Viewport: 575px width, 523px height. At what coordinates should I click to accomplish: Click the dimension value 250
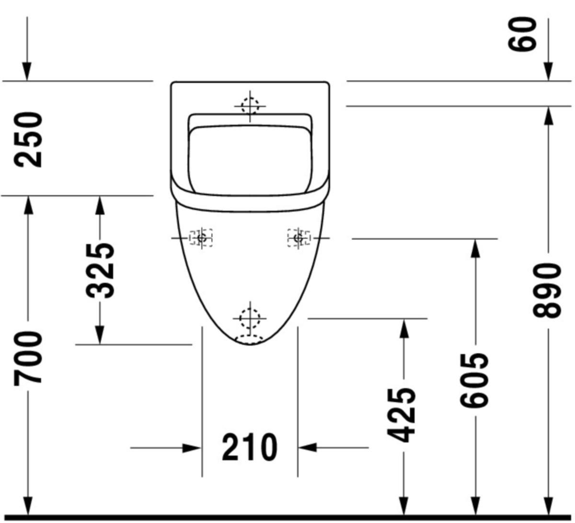28,139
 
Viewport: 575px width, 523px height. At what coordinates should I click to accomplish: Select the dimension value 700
28,357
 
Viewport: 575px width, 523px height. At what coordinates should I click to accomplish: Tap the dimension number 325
100,271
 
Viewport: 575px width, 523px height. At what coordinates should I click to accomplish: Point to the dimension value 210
250,447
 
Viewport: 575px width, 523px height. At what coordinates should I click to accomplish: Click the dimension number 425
401,415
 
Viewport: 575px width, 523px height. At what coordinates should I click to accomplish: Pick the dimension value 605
474,380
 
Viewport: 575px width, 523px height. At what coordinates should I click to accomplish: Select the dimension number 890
547,291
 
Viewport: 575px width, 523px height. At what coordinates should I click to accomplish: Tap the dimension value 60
522,34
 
